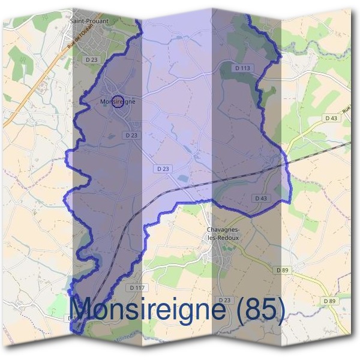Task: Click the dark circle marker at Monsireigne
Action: tap(118, 101)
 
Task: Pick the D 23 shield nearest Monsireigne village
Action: tap(133, 136)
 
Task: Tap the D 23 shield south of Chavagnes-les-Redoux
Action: tap(225, 299)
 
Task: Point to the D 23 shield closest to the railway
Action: tap(163, 169)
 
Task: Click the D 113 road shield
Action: tap(242, 68)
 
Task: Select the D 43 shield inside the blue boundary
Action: tap(260, 198)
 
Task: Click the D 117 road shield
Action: tap(137, 288)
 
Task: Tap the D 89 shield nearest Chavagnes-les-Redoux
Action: tap(283, 271)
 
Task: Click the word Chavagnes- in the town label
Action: tap(223, 230)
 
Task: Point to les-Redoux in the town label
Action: tap(223, 238)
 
